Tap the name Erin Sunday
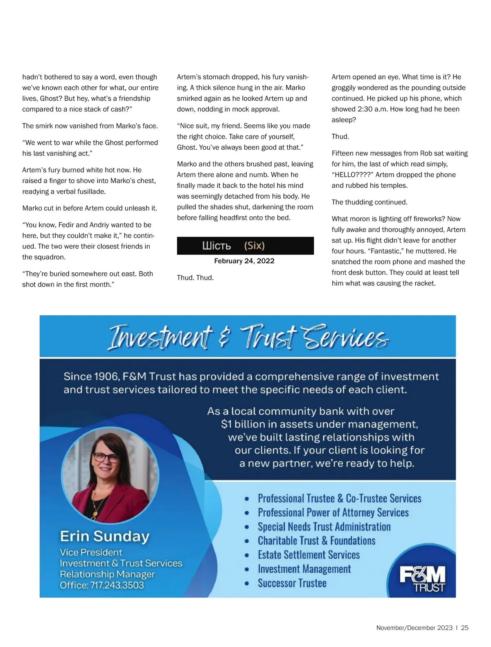point(105,536)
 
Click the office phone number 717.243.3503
point(117,585)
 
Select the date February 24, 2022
point(244,261)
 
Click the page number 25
point(465,628)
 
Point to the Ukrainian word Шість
point(216,246)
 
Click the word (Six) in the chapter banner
point(255,246)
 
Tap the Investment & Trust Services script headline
point(248,338)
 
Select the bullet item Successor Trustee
point(292,583)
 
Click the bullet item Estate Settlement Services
point(309,555)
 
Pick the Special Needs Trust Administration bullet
point(324,527)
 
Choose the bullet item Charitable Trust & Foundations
point(316,541)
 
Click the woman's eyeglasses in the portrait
point(106,457)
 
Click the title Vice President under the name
point(91,553)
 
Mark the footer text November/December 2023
point(414,628)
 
